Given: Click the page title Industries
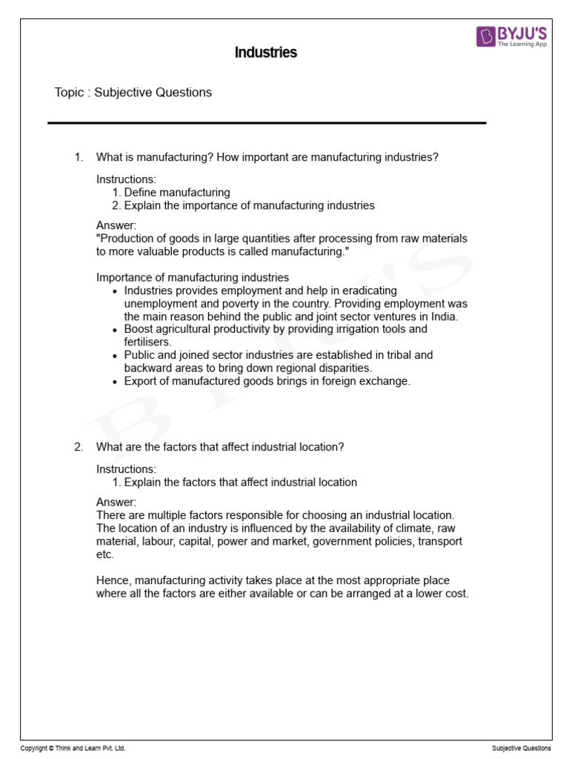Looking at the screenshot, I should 265,53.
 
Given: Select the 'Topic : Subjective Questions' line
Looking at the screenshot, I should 133,93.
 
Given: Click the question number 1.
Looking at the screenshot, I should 78,156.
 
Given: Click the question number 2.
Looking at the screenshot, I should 78,447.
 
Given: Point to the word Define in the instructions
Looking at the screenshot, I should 141,193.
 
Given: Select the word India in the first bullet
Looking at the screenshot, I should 444,316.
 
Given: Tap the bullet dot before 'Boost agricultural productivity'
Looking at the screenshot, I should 114,330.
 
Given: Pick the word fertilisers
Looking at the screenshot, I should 147,342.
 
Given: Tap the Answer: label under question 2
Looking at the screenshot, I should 116,502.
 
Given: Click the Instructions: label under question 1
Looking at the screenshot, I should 126,179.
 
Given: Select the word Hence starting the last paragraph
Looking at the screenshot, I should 113,580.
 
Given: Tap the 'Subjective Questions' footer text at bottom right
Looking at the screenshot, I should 521,749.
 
